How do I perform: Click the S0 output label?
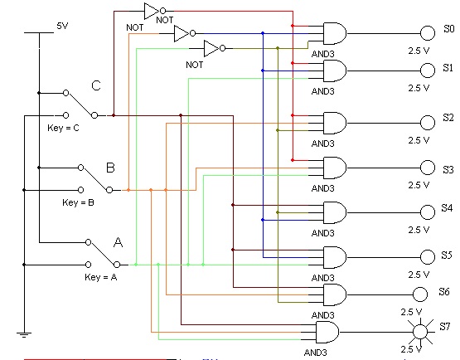(449, 29)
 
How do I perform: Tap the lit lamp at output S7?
(420, 332)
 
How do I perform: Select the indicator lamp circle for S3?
(428, 168)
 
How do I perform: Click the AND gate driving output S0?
(335, 33)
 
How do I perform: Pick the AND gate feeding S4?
(335, 212)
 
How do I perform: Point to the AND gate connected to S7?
(327, 332)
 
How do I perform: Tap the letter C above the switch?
(96, 85)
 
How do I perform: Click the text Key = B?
(78, 202)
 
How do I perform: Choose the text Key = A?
(101, 277)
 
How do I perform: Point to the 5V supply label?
(62, 26)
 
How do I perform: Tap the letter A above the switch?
(118, 242)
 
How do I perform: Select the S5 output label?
(447, 255)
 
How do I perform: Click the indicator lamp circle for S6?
(420, 294)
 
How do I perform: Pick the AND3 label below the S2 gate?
(322, 144)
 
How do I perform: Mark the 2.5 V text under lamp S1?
(419, 88)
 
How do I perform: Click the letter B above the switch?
(110, 168)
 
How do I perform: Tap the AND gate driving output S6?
(335, 294)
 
